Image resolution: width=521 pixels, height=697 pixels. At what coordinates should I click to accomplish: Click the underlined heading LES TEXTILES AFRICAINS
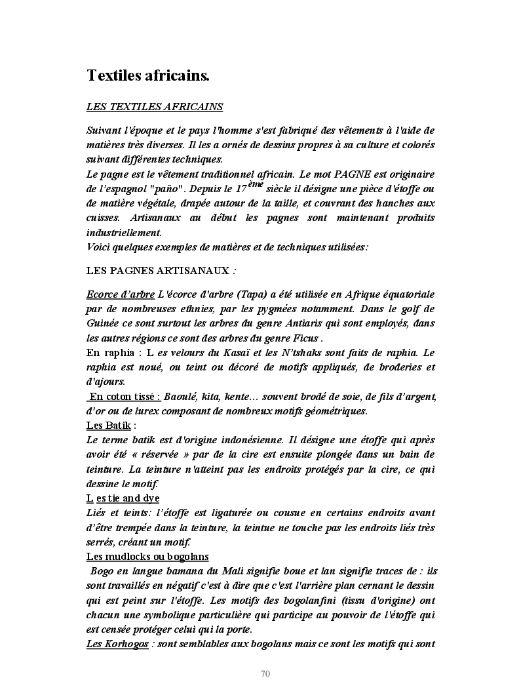pos(155,106)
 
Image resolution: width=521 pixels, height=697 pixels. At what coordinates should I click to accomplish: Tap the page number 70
pos(265,673)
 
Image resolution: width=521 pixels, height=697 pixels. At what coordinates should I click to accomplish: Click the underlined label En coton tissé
pos(125,397)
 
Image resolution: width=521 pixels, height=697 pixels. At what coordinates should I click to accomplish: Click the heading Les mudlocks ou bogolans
pos(147,557)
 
